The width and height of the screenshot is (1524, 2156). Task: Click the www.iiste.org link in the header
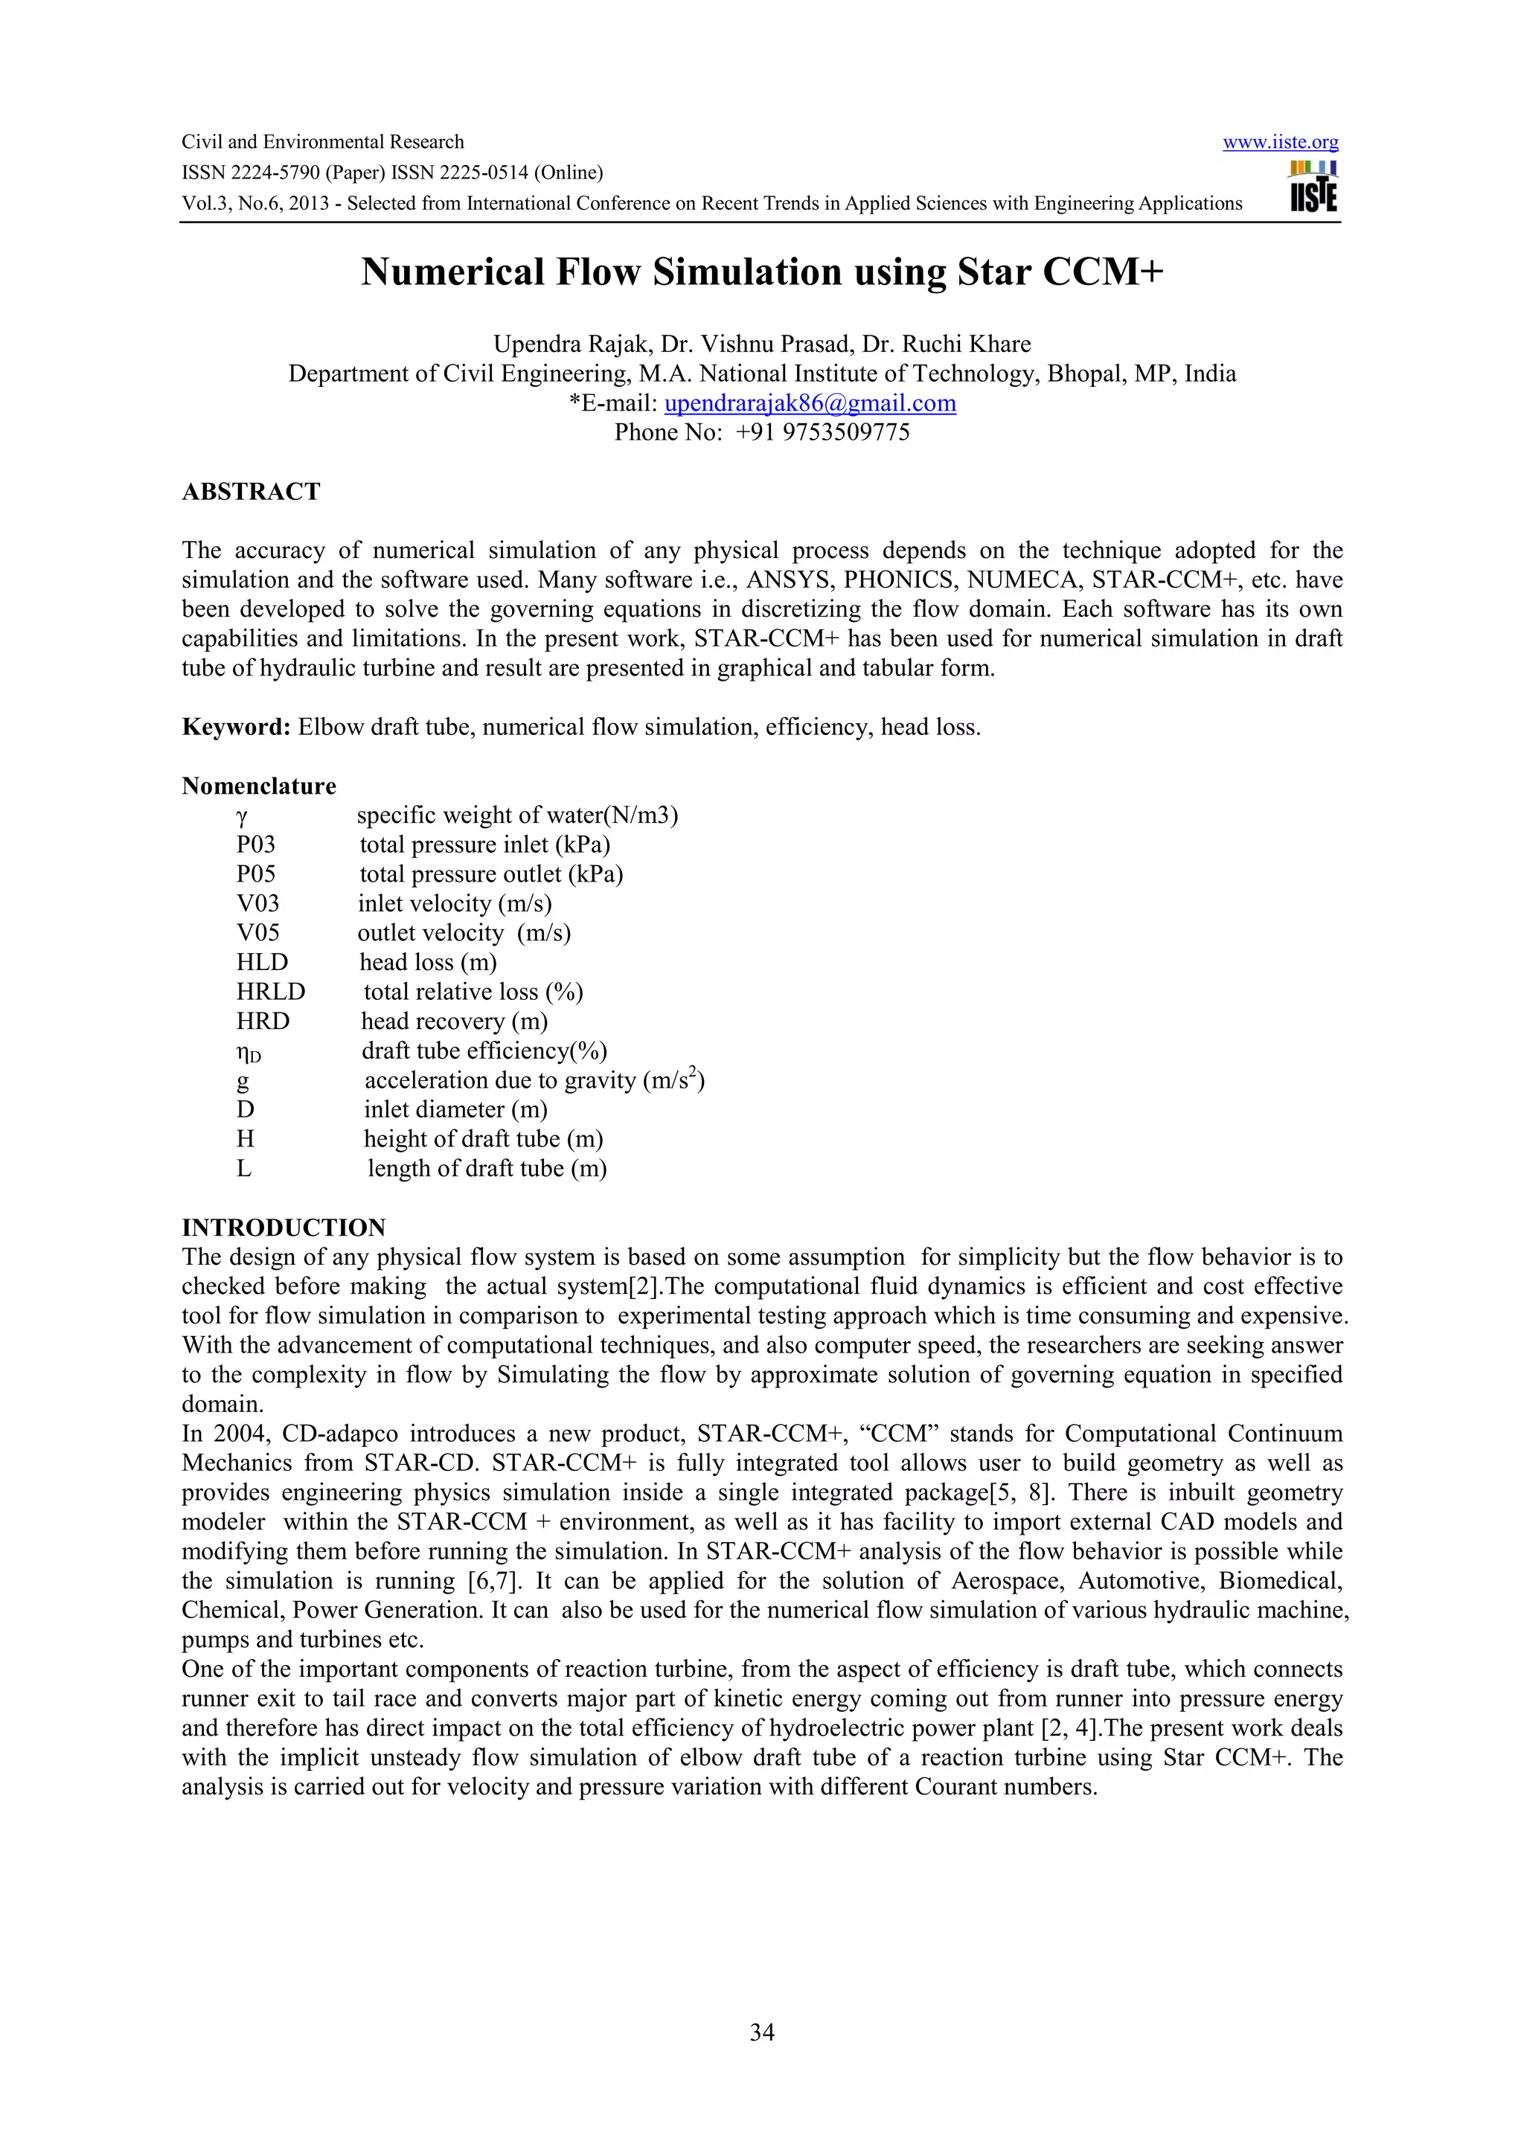coord(1280,143)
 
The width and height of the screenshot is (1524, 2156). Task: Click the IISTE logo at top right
coord(1313,187)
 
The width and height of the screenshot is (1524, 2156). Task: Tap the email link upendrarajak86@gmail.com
coord(810,404)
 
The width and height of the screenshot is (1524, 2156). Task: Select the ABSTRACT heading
coord(251,492)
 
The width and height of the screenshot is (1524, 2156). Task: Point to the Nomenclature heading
coord(258,786)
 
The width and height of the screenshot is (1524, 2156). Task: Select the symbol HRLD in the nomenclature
coord(270,992)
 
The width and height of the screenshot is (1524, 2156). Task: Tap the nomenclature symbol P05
coord(255,874)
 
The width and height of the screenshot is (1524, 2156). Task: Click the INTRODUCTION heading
coord(284,1228)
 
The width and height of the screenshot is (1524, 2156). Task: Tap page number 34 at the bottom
coord(761,2033)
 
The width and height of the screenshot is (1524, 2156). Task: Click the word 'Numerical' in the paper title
coord(452,272)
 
